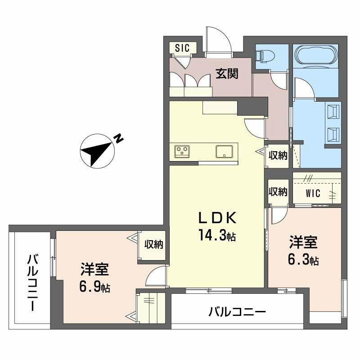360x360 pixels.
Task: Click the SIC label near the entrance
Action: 183,47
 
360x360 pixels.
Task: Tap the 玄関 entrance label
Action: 226,73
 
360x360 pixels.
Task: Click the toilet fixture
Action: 266,56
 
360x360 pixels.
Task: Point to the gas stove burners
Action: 182,151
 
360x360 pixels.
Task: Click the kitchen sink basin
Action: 224,151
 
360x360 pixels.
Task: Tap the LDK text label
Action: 218,219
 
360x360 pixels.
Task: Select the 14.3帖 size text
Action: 218,234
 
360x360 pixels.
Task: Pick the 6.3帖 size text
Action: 304,260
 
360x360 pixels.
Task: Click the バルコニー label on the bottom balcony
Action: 238,312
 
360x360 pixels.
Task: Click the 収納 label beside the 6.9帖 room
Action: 153,244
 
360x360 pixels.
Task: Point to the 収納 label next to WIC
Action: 278,191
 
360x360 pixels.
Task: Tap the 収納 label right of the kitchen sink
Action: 278,156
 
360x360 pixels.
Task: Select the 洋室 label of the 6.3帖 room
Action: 304,243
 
